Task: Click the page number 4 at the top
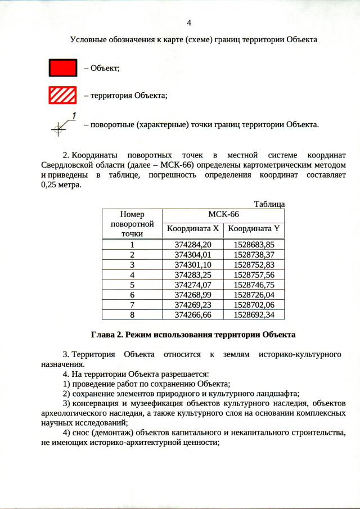click(x=189, y=22)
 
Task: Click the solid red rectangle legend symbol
click(x=62, y=68)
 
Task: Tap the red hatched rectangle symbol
click(x=62, y=95)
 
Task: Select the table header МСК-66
click(x=223, y=215)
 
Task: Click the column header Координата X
click(x=193, y=229)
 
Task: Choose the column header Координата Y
click(x=254, y=229)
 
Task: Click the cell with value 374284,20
click(x=193, y=245)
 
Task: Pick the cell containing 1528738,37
click(x=254, y=255)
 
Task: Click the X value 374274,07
click(x=193, y=285)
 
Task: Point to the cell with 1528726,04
click(x=254, y=295)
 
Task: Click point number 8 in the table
click(x=132, y=315)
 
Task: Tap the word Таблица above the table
click(x=269, y=204)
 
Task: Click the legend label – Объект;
click(x=101, y=69)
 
